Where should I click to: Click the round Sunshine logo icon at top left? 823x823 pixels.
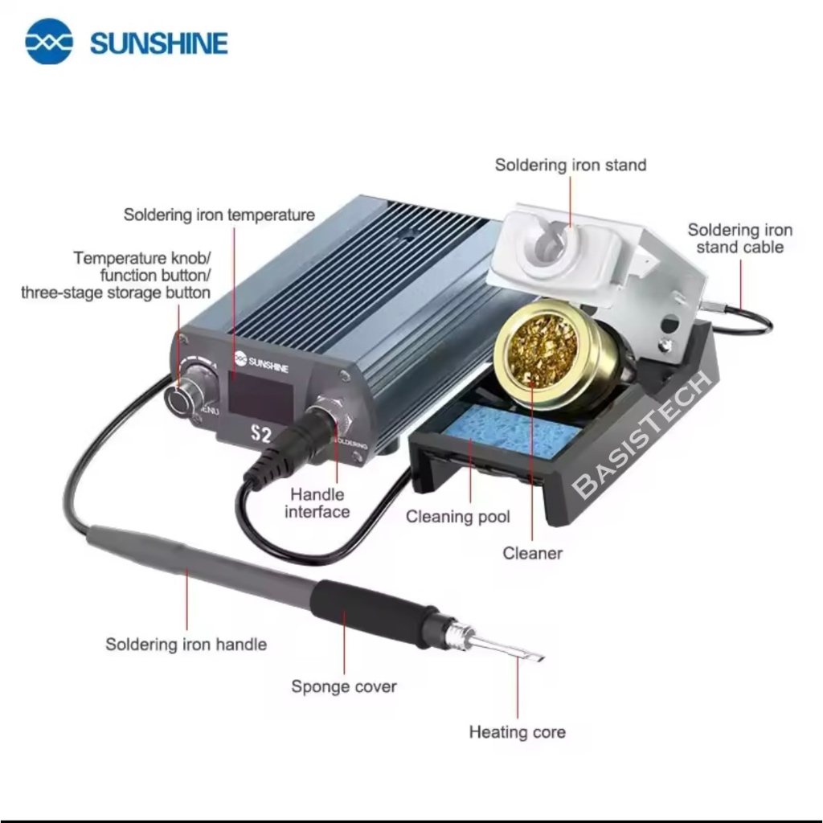[49, 42]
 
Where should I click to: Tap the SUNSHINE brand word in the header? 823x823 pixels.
[159, 43]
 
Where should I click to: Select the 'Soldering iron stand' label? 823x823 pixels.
[571, 165]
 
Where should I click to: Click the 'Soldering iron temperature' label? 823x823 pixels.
[219, 215]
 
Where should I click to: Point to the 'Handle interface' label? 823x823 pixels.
[317, 503]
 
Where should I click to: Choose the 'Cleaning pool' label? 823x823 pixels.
[457, 517]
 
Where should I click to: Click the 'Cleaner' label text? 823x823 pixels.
[532, 553]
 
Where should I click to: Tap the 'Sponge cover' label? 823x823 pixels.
[344, 686]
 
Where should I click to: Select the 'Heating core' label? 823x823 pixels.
[517, 731]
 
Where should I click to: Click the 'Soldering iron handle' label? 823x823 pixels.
[186, 644]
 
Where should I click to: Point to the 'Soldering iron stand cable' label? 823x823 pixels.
[739, 238]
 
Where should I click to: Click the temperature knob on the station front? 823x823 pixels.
[187, 394]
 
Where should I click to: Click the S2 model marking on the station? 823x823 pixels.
[261, 433]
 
